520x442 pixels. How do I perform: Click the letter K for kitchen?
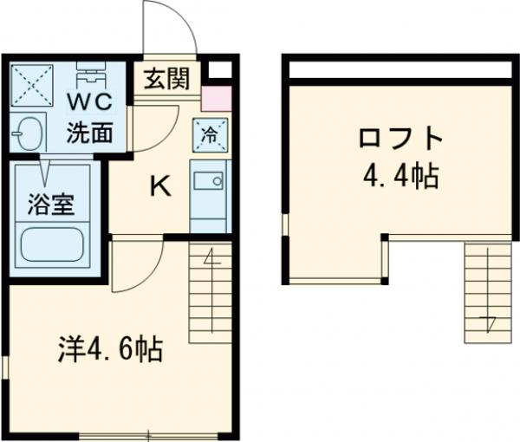[x=159, y=185]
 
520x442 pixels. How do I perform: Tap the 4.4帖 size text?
[x=400, y=178]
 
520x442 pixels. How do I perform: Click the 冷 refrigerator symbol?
[x=210, y=133]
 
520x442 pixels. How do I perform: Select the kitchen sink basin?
[x=208, y=181]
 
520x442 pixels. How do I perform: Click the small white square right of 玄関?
[x=220, y=70]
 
